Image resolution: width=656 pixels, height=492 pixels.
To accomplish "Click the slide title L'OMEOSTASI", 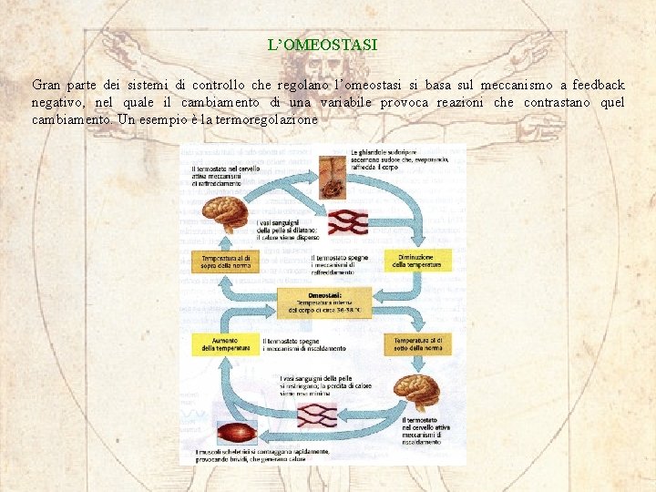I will [x=322, y=44].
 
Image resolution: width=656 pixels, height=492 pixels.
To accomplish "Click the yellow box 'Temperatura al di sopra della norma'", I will [x=225, y=262].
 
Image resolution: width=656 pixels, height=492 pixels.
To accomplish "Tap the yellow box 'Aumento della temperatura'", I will [x=220, y=343].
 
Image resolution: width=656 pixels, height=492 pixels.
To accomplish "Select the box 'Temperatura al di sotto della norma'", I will [x=417, y=343].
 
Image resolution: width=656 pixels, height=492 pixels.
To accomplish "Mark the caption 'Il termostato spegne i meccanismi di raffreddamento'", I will [x=339, y=264].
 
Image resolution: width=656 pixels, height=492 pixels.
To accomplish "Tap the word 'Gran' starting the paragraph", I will [x=46, y=85].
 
